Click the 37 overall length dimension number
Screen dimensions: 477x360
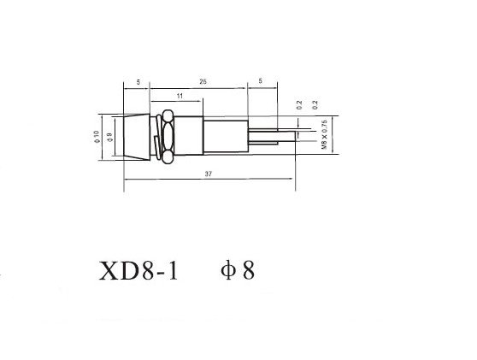[208, 174]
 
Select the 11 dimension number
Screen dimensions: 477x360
[180, 96]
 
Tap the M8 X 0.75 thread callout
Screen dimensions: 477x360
[324, 134]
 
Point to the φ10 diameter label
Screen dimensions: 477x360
[97, 137]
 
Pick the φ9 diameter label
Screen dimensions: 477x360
[109, 137]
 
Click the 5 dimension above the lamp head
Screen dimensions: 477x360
[138, 82]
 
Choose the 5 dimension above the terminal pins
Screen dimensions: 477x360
[261, 81]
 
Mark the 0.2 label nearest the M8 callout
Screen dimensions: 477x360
[315, 104]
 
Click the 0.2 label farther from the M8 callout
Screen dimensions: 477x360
[299, 104]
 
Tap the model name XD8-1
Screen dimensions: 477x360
[138, 271]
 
